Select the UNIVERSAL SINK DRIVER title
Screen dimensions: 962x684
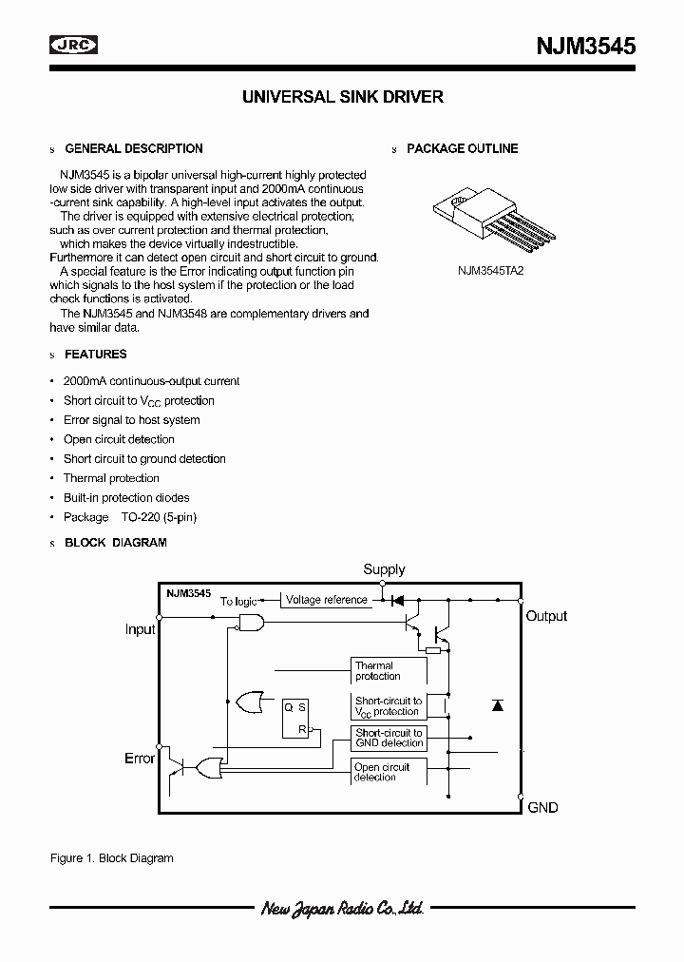(342, 97)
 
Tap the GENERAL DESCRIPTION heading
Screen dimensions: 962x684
(133, 149)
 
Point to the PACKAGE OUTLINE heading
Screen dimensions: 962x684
(462, 149)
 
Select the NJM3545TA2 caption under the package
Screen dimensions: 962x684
(490, 269)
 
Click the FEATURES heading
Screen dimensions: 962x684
(95, 355)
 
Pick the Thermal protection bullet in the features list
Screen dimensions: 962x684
(111, 478)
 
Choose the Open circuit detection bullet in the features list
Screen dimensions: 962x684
(119, 439)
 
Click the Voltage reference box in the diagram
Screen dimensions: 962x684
(326, 600)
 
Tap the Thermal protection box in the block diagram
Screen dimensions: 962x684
(387, 671)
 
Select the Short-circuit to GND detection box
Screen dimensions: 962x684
(389, 738)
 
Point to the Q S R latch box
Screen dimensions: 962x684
(295, 719)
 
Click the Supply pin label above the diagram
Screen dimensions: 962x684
(384, 569)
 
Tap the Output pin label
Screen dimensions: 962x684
(546, 616)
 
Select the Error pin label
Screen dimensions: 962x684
(140, 759)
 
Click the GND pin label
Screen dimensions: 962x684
(542, 807)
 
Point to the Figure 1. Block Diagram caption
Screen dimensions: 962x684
(111, 858)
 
